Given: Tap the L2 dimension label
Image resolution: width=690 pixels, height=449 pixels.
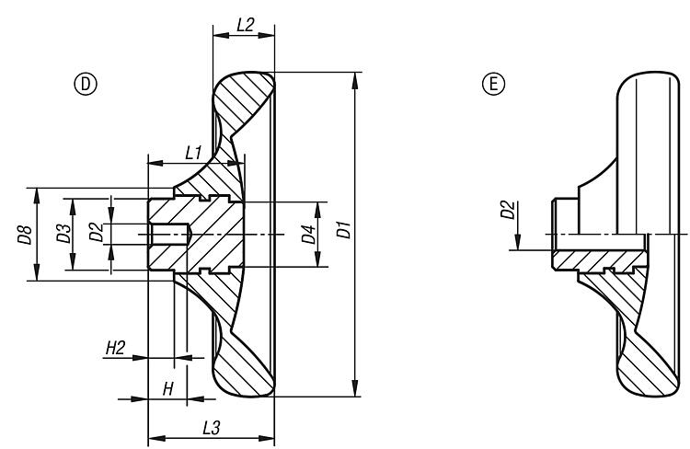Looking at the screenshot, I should tap(245, 25).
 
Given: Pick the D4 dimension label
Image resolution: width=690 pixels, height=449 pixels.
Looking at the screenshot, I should tap(308, 234).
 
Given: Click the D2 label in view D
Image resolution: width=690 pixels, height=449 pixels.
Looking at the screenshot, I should tap(95, 232).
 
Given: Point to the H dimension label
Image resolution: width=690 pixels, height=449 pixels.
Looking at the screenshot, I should tap(167, 389).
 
